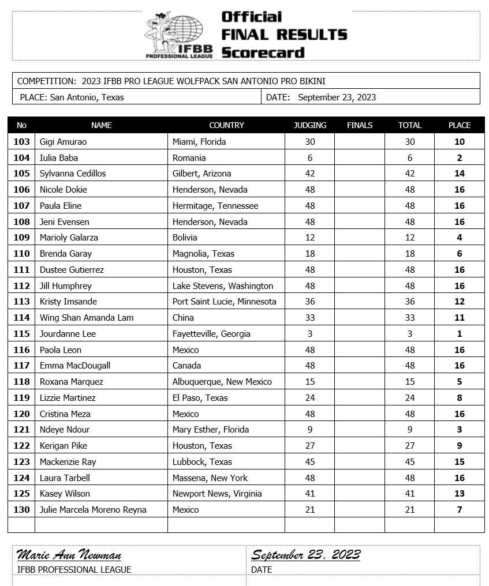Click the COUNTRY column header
[226, 125]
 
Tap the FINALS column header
[360, 125]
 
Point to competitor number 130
[21, 510]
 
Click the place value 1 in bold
[460, 334]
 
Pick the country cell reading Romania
[189, 158]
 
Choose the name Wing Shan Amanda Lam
[87, 318]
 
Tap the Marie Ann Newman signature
[69, 555]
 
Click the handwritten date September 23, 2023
[306, 555]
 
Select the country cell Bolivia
[185, 238]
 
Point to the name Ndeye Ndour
[65, 430]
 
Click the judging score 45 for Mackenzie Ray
[310, 462]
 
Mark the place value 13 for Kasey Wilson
[460, 494]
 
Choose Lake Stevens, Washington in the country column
[223, 286]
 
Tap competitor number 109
[21, 238]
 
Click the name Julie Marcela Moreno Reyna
[93, 510]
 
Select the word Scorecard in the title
[263, 52]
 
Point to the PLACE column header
[460, 125]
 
